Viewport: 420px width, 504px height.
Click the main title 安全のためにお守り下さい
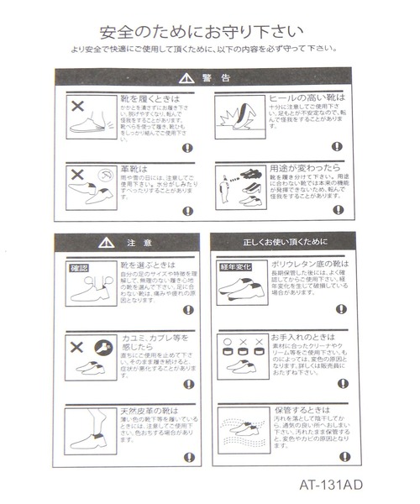tap(201, 33)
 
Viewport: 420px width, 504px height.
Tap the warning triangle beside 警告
tap(186, 78)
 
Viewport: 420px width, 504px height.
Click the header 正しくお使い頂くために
tap(286, 243)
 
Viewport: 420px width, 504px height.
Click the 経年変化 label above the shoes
tap(236, 268)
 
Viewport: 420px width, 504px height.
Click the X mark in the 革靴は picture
tap(78, 176)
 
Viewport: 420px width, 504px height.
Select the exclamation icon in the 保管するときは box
tap(342, 456)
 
